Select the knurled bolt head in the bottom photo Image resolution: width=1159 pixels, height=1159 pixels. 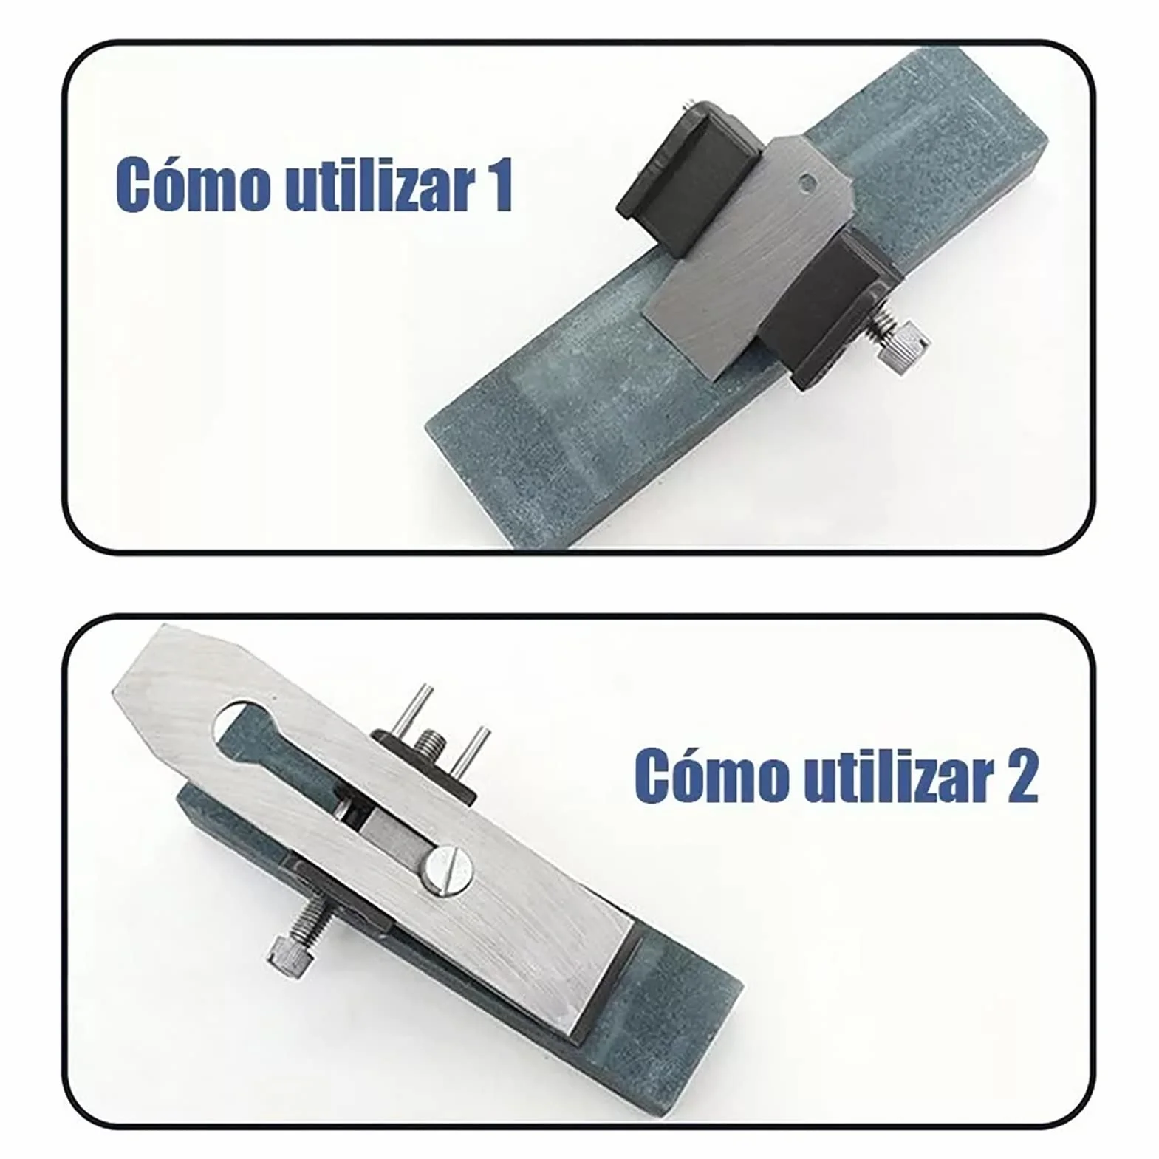pyautogui.click(x=288, y=957)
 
